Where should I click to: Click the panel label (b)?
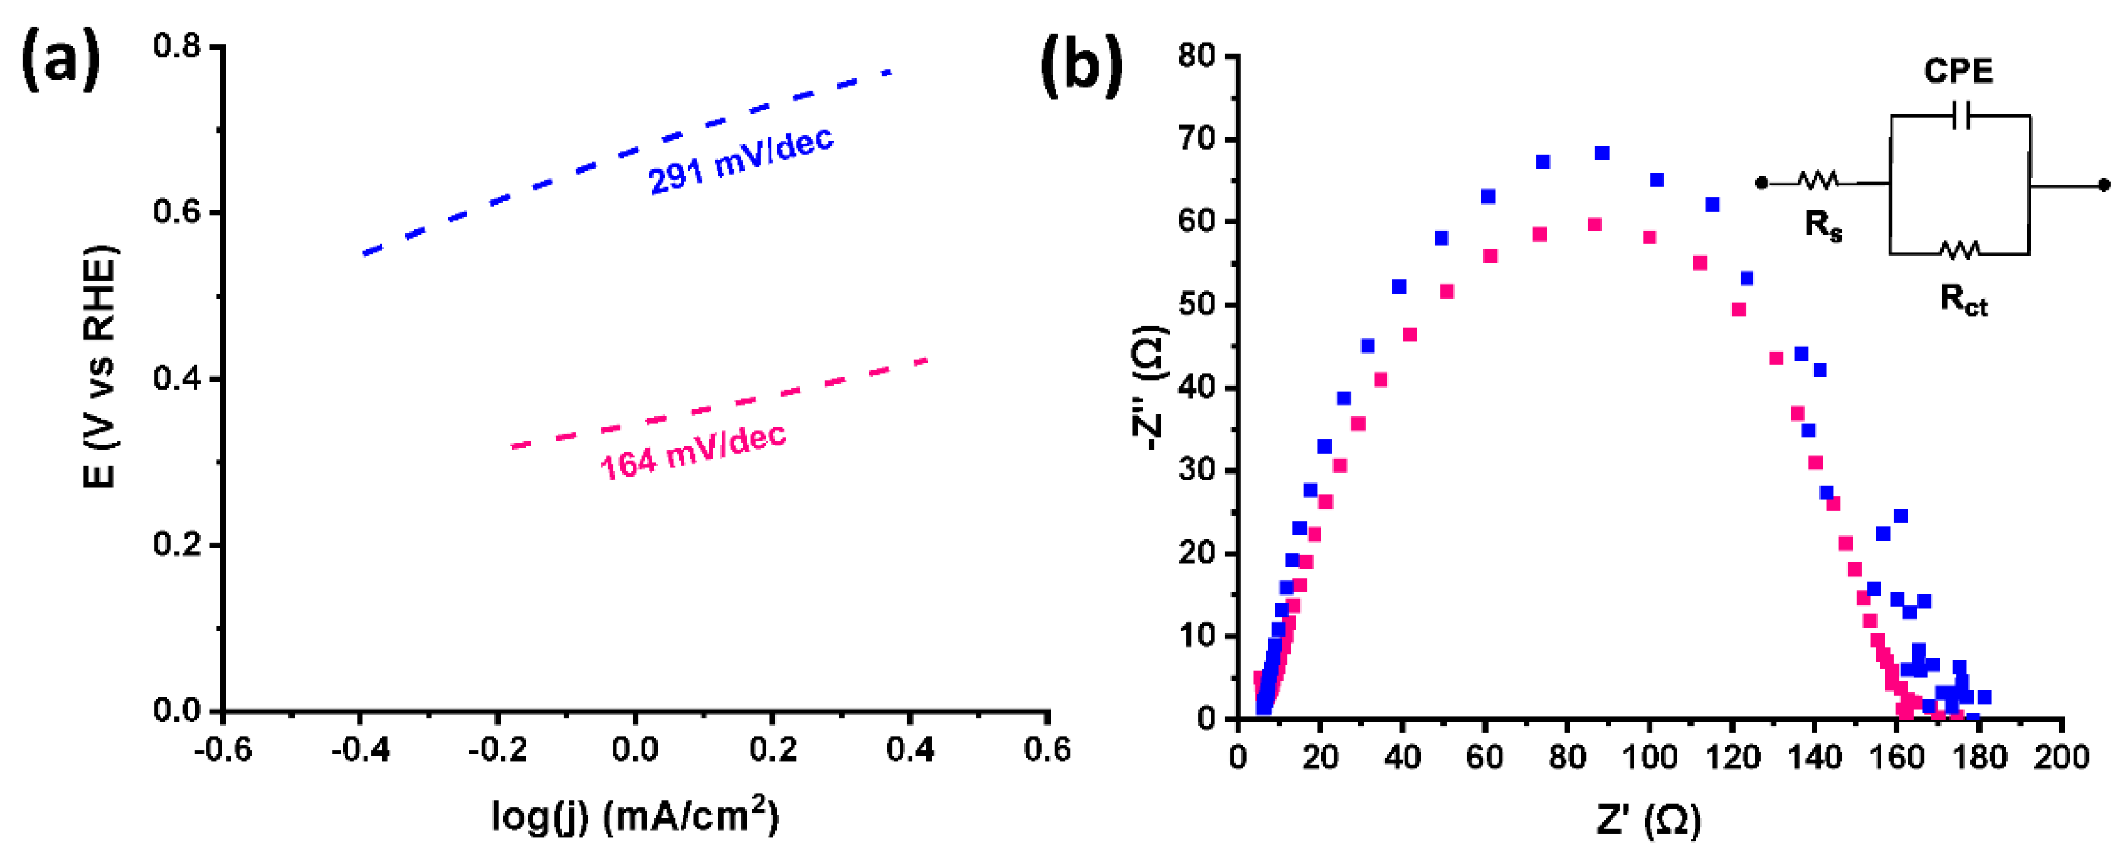[1082, 65]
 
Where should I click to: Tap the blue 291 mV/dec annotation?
[740, 160]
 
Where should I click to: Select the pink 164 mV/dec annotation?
[692, 452]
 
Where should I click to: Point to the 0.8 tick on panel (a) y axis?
[177, 46]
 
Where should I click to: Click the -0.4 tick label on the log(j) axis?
[361, 750]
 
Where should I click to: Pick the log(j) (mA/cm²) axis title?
[635, 816]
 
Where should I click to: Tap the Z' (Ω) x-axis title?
[1648, 820]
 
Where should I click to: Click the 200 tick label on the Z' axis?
[2061, 757]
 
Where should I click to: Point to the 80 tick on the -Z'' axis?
[1197, 56]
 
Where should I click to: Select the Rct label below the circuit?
[1963, 301]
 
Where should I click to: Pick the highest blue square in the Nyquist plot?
[1602, 153]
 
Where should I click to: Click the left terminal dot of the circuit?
[1761, 182]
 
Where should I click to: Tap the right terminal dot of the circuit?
[2104, 185]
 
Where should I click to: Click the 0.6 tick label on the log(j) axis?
[1047, 750]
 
